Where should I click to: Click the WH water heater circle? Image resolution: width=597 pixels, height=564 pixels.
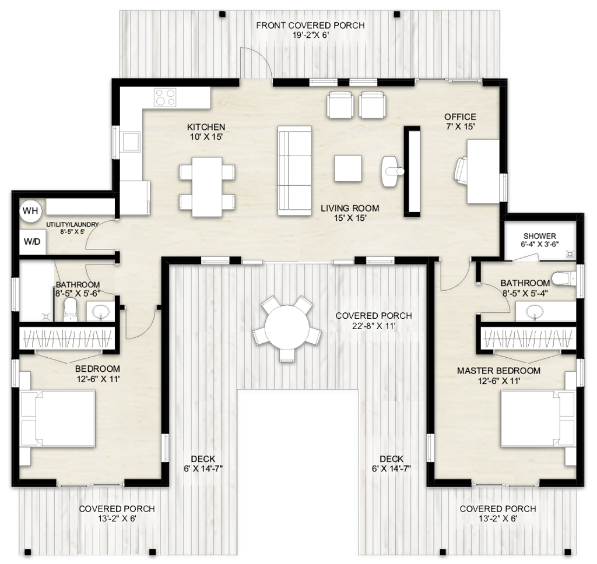click(30, 210)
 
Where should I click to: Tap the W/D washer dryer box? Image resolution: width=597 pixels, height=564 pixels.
click(32, 241)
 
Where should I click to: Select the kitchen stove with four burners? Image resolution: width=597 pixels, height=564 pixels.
click(165, 97)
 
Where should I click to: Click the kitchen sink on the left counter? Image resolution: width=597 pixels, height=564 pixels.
click(131, 140)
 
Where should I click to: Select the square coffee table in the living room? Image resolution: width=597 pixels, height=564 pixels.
click(348, 168)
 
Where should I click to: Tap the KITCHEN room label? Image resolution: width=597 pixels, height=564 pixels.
click(206, 127)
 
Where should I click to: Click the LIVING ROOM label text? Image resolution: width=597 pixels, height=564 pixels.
click(349, 208)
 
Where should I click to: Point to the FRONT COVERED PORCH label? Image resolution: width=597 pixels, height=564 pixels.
click(310, 25)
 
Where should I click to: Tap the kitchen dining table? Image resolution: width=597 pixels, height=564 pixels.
click(208, 186)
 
